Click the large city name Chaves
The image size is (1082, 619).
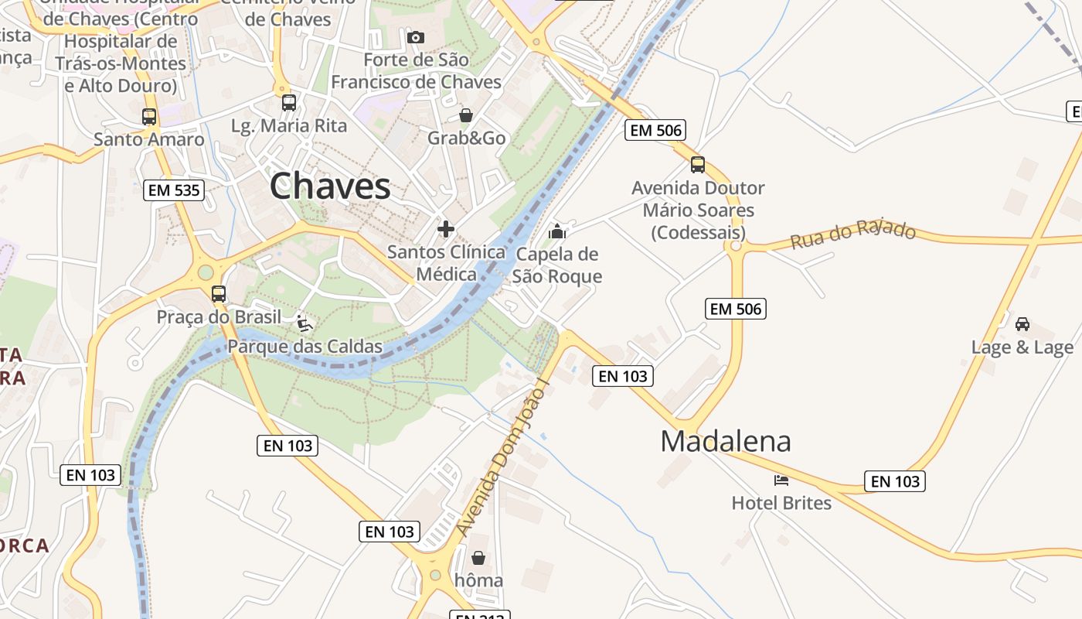coord(330,186)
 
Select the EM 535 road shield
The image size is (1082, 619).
coord(174,190)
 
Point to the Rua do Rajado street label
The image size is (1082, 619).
coord(852,235)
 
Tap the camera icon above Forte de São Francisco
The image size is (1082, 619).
coord(415,37)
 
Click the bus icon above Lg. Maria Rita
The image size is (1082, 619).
coord(289,102)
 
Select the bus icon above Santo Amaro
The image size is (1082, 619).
coord(149,117)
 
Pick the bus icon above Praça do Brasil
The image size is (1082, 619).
coord(219,294)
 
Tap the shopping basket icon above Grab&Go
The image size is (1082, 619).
coord(466,115)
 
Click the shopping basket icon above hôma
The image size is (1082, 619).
coord(478,557)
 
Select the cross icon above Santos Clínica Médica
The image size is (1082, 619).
coord(446,228)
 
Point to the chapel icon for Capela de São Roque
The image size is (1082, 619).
coord(557,231)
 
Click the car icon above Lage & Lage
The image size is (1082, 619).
coord(1022,323)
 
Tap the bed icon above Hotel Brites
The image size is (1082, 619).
coord(781,480)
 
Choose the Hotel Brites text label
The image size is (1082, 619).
coord(781,503)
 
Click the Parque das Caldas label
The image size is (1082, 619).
coord(305,346)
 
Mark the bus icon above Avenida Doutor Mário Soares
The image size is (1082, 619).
coord(698,164)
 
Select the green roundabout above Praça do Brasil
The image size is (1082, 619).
coord(205,272)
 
